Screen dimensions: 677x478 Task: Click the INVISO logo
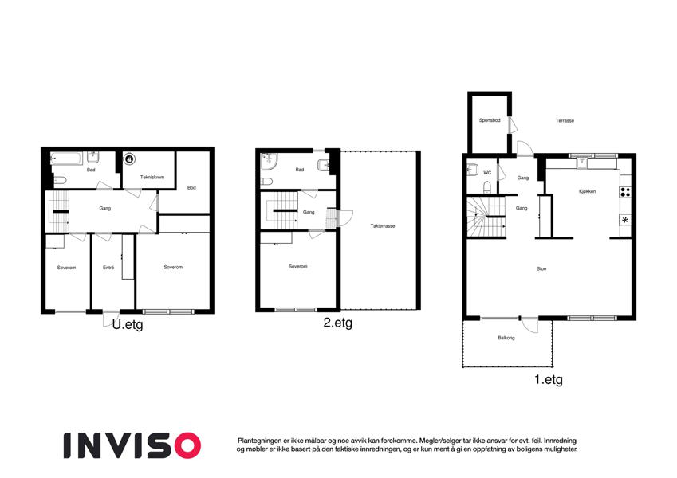click(x=132, y=445)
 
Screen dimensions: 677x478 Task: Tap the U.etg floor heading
click(x=128, y=324)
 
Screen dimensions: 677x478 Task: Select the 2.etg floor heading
click(x=337, y=323)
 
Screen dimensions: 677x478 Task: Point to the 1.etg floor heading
click(x=549, y=380)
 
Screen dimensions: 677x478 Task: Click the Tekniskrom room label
click(x=152, y=178)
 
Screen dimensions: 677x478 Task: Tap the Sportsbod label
click(x=490, y=120)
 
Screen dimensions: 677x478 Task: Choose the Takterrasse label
click(x=383, y=226)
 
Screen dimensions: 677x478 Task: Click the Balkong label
click(x=506, y=338)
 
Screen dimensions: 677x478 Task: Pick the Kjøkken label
click(x=587, y=191)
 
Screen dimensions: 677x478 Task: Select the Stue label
click(x=541, y=268)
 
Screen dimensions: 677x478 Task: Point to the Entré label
click(x=108, y=268)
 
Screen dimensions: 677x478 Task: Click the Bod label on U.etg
click(x=191, y=188)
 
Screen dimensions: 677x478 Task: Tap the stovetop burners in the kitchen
click(x=625, y=193)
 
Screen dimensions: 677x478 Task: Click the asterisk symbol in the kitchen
click(x=625, y=220)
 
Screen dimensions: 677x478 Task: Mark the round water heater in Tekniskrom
click(x=128, y=159)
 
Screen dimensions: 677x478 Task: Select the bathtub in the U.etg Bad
click(x=66, y=159)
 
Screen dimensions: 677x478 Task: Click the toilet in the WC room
click(x=487, y=186)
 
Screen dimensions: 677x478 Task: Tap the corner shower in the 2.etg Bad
click(x=268, y=161)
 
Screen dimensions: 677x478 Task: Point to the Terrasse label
click(x=565, y=121)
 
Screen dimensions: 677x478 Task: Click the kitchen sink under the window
click(x=583, y=163)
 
